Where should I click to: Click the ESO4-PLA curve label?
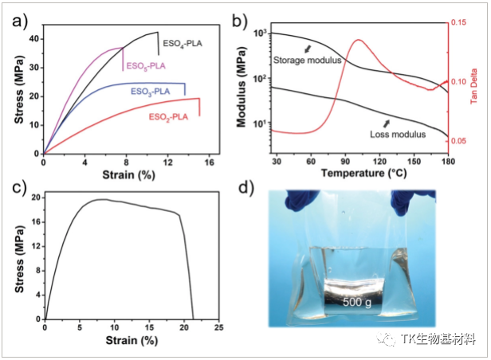(x=183, y=42)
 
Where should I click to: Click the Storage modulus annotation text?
(x=308, y=60)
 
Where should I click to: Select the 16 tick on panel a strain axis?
(x=208, y=162)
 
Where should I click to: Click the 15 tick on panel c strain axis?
(x=150, y=328)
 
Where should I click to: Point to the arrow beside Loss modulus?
(x=388, y=122)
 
